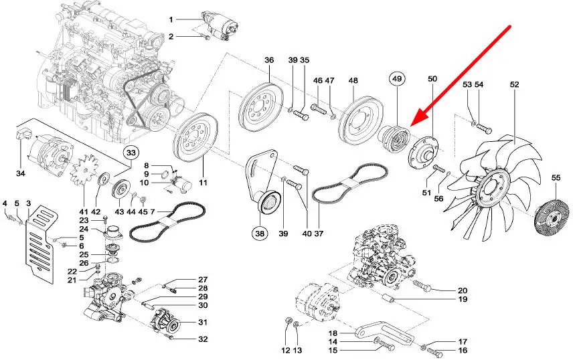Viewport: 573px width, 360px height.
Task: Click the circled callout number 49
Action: (x=397, y=78)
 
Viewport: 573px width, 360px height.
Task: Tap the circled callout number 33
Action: (x=131, y=153)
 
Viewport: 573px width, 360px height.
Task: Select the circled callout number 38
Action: (x=260, y=233)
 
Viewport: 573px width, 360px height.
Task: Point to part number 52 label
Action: (x=514, y=84)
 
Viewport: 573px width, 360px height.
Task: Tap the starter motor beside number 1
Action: (x=220, y=25)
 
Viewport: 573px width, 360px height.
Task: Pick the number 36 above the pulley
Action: (x=269, y=60)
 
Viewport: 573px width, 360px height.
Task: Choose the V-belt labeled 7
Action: (x=168, y=223)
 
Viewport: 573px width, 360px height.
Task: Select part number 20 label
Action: (x=463, y=290)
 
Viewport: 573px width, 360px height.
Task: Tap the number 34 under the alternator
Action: (x=21, y=173)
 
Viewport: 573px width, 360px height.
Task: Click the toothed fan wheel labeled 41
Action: (x=84, y=171)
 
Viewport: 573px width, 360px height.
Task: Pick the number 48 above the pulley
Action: (x=353, y=80)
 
